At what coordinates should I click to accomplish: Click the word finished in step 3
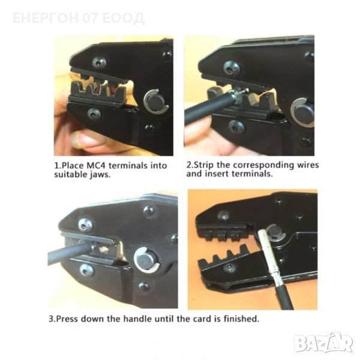(241, 319)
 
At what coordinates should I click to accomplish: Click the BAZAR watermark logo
(324, 343)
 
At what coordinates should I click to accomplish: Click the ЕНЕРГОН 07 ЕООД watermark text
(79, 18)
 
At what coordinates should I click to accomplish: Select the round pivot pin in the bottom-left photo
(147, 262)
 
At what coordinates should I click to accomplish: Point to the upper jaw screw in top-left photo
(99, 62)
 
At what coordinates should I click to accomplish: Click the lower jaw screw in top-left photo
(94, 113)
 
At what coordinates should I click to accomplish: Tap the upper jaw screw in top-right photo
(232, 68)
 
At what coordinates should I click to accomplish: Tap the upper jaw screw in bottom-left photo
(85, 225)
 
